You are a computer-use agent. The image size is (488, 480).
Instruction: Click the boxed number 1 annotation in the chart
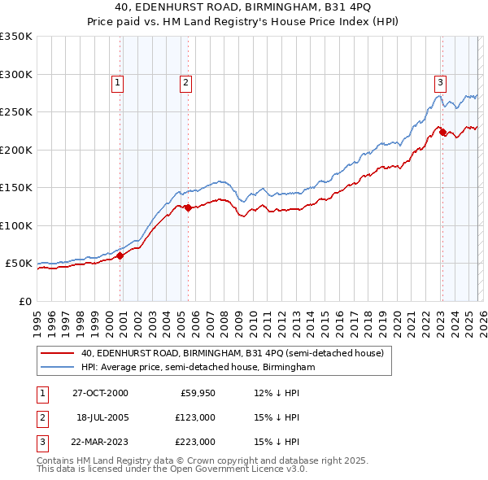pyautogui.click(x=118, y=82)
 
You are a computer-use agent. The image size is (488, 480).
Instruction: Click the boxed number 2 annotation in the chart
pyautogui.click(x=185, y=82)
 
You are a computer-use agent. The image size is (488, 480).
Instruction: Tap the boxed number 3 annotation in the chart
pyautogui.click(x=440, y=82)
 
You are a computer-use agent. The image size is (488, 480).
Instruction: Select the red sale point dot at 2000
pyautogui.click(x=120, y=255)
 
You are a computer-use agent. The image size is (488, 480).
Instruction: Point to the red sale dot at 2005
pyautogui.click(x=188, y=208)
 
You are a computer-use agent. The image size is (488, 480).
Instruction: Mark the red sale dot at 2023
pyautogui.click(x=442, y=133)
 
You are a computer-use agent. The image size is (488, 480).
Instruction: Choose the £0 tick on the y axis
pyautogui.click(x=24, y=301)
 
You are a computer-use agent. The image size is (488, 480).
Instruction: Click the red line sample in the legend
pyautogui.click(x=58, y=353)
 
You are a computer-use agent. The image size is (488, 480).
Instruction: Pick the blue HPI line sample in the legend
pyautogui.click(x=58, y=368)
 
